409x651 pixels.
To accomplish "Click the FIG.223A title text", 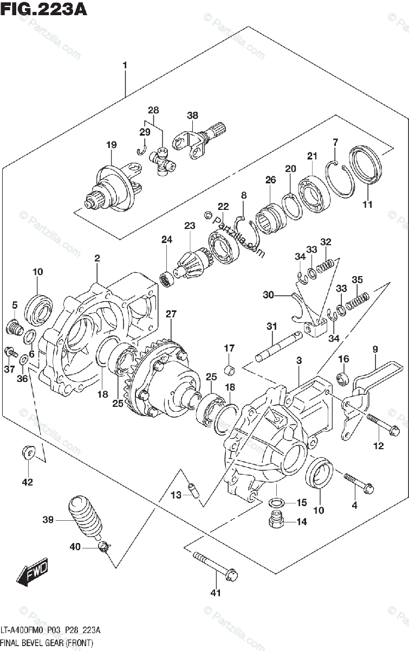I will tap(43, 9).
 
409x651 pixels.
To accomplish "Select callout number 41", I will tap(216, 592).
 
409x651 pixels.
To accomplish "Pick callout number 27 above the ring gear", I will tap(171, 314).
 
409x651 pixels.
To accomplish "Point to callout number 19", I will tap(111, 145).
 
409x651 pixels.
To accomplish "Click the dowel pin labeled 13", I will tap(192, 490).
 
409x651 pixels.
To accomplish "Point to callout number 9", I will tap(374, 349).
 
